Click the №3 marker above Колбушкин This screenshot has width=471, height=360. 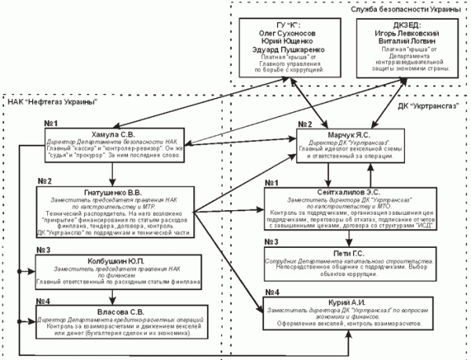click(x=42, y=251)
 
